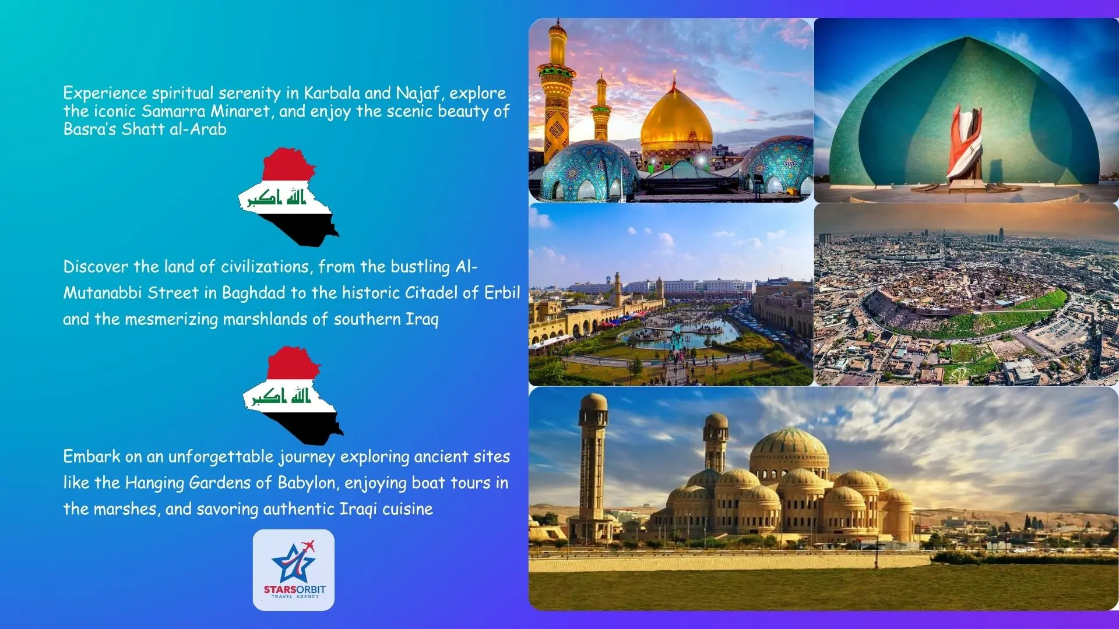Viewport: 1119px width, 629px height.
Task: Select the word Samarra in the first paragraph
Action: pyautogui.click(x=174, y=111)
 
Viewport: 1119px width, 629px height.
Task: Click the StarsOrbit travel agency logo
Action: pyautogui.click(x=294, y=570)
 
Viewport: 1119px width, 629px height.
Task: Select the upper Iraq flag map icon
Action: pyautogui.click(x=288, y=197)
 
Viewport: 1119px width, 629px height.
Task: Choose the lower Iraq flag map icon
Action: pyautogui.click(x=293, y=396)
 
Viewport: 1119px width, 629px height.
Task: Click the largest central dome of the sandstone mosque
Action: pyautogui.click(x=789, y=451)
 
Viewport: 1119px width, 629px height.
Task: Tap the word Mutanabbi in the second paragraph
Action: pyautogui.click(x=103, y=293)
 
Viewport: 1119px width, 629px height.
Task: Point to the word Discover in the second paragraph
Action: pyautogui.click(x=96, y=267)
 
